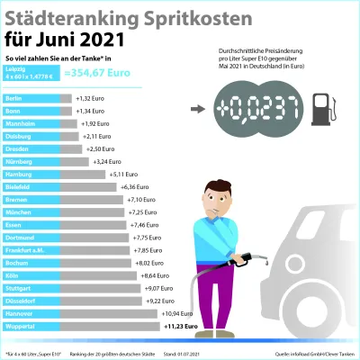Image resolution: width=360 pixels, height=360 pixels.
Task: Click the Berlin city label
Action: pos(14,97)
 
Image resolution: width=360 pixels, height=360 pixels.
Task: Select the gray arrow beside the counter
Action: pos(197,110)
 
